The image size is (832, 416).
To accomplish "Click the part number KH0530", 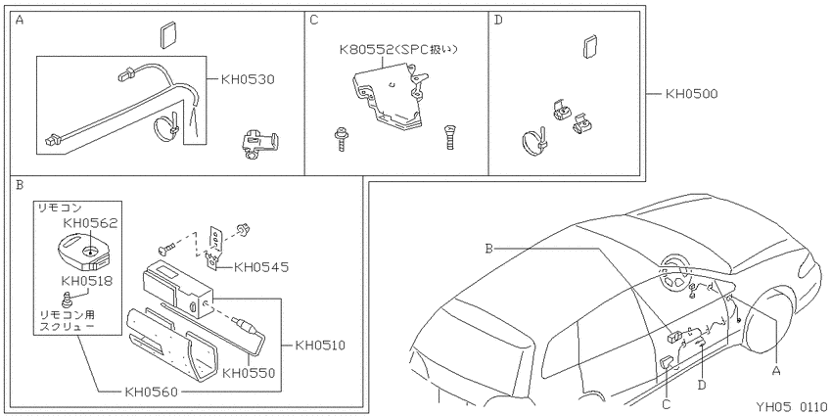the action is click(x=248, y=80).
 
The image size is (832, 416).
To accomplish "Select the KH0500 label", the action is click(x=691, y=94).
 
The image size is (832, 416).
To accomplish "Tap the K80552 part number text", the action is click(x=366, y=50).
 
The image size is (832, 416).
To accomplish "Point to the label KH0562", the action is click(x=90, y=223).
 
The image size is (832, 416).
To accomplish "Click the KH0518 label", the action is click(x=87, y=280).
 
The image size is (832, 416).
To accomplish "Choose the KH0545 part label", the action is click(x=261, y=267).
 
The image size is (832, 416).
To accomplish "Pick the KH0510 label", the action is click(x=320, y=346).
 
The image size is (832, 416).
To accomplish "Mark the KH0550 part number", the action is click(x=249, y=373).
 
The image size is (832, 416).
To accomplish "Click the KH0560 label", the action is click(x=151, y=393).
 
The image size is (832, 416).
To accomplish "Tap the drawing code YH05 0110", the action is click(x=791, y=407).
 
